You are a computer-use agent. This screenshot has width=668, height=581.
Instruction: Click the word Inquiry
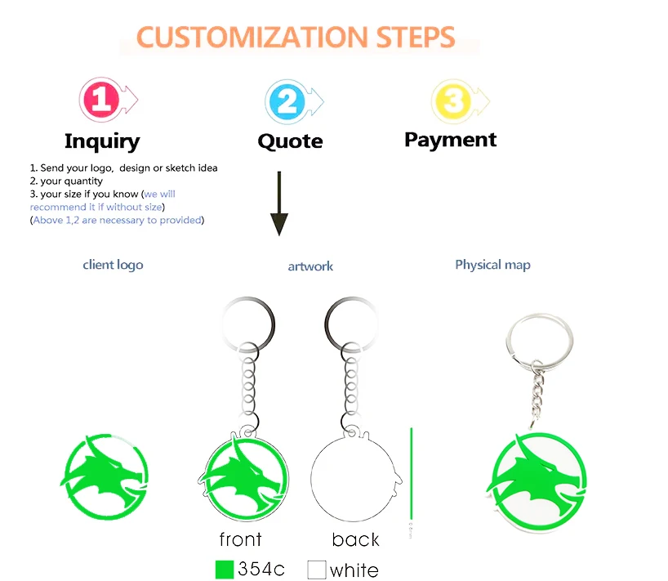pyautogui.click(x=102, y=141)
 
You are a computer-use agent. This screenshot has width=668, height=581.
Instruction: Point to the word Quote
pyautogui.click(x=290, y=141)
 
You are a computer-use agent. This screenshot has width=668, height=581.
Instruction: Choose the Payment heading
pyautogui.click(x=451, y=140)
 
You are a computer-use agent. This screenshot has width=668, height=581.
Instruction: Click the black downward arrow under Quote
pyautogui.click(x=279, y=203)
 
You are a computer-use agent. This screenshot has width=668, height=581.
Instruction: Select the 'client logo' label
pyautogui.click(x=113, y=265)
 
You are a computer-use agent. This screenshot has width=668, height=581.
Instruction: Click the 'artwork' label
pyautogui.click(x=310, y=266)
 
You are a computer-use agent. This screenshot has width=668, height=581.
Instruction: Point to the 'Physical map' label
pyautogui.click(x=492, y=265)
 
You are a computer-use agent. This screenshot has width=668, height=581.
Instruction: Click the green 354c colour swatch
pyautogui.click(x=225, y=569)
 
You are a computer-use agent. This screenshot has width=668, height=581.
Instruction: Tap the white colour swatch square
pyautogui.click(x=317, y=569)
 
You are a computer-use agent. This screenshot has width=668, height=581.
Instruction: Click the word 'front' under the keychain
pyautogui.click(x=240, y=539)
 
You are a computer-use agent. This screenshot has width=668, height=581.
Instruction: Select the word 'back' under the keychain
pyautogui.click(x=355, y=539)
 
